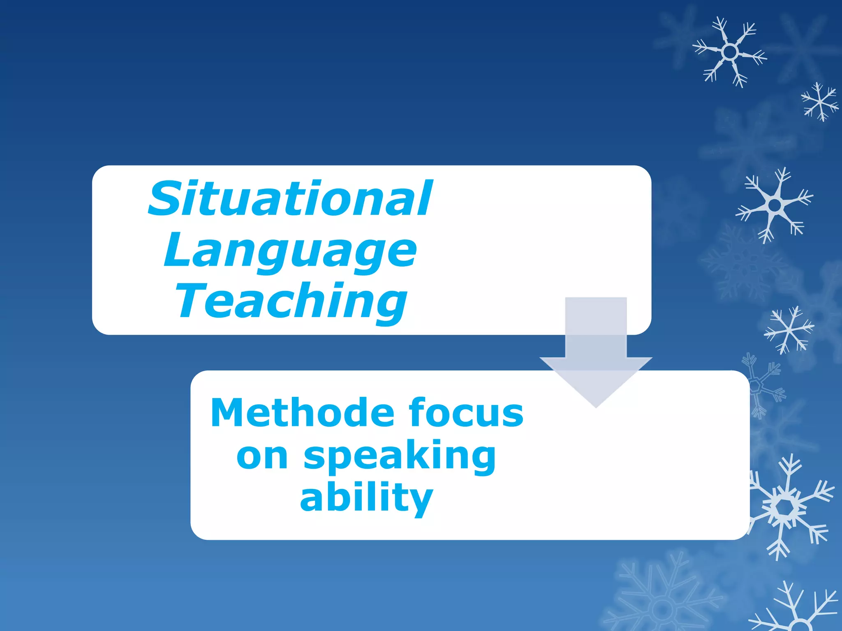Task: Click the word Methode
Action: (x=302, y=413)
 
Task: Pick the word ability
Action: (x=366, y=498)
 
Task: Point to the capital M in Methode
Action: (x=230, y=413)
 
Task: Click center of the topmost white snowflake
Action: (x=730, y=52)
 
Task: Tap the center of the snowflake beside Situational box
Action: (x=775, y=205)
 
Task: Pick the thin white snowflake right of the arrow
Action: (x=789, y=329)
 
